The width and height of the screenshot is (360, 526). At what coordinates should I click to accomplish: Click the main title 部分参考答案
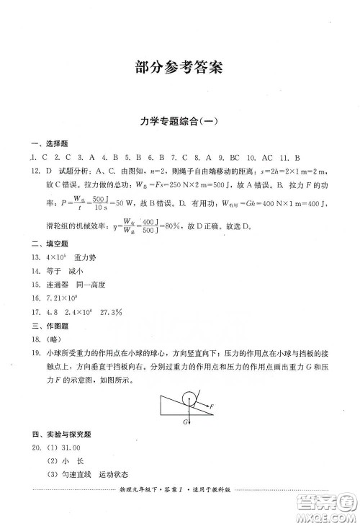pos(179,68)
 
